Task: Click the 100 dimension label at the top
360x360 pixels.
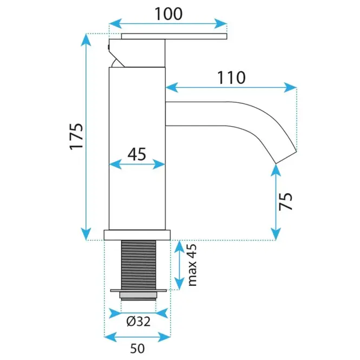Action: pyautogui.click(x=169, y=14)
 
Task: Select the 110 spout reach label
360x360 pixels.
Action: pyautogui.click(x=231, y=77)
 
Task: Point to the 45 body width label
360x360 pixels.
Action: pyautogui.click(x=137, y=154)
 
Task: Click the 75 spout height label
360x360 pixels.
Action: pyautogui.click(x=286, y=201)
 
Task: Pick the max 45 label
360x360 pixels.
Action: pyautogui.click(x=192, y=265)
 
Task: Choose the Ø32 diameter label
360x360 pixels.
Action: pyautogui.click(x=139, y=321)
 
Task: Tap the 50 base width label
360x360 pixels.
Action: pyautogui.click(x=138, y=348)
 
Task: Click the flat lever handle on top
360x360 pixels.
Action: pyautogui.click(x=174, y=36)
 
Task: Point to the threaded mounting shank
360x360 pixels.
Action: pyautogui.click(x=139, y=265)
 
